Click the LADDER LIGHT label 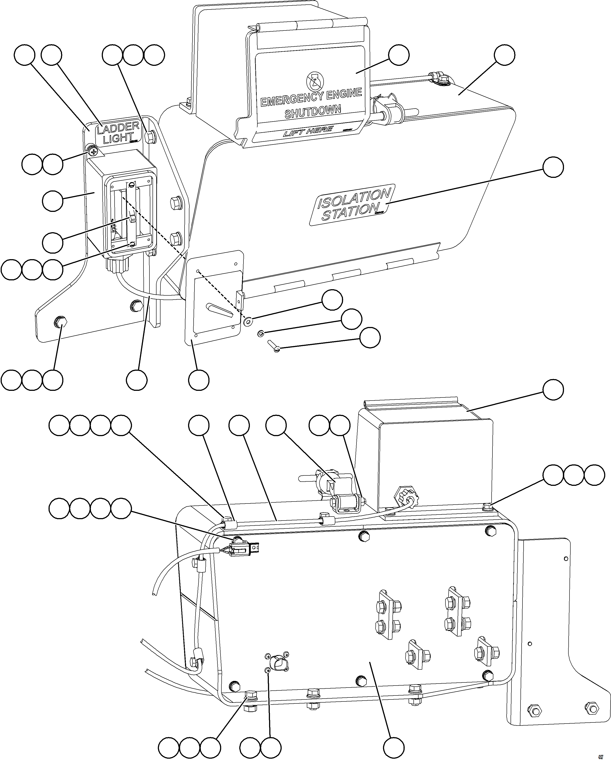118,132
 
